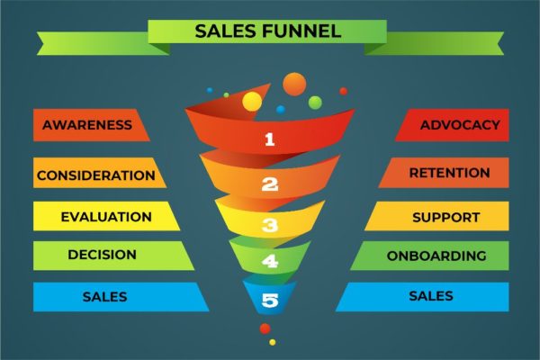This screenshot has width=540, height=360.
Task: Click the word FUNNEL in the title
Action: pos(301,31)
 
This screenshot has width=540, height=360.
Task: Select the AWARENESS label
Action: pos(87,125)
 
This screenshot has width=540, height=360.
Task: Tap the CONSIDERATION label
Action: pos(96,175)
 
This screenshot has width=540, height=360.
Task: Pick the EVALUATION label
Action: pos(106,217)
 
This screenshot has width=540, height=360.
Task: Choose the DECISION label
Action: pos(103,255)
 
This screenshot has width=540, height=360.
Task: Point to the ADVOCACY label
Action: pos(460,125)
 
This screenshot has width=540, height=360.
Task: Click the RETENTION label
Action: pos(449,173)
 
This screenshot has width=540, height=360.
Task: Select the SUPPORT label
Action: pos(446,218)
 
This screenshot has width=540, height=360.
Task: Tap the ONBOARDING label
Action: pos(436,256)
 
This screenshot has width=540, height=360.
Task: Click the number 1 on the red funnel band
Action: pos(270,139)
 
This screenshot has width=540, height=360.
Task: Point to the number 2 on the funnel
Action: pos(270,184)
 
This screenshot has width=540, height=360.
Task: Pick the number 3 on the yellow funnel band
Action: pos(270,225)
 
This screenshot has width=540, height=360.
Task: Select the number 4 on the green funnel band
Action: pos(270,261)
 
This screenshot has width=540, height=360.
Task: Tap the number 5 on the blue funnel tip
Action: pos(270,300)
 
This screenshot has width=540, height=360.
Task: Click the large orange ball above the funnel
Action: pos(294,84)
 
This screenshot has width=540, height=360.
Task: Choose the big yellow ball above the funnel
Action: pos(252,102)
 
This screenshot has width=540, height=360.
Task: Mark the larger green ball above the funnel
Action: pos(315,103)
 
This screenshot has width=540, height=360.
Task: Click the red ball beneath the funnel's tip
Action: pos(265,328)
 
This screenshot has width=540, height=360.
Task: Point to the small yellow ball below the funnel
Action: pos(273,342)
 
